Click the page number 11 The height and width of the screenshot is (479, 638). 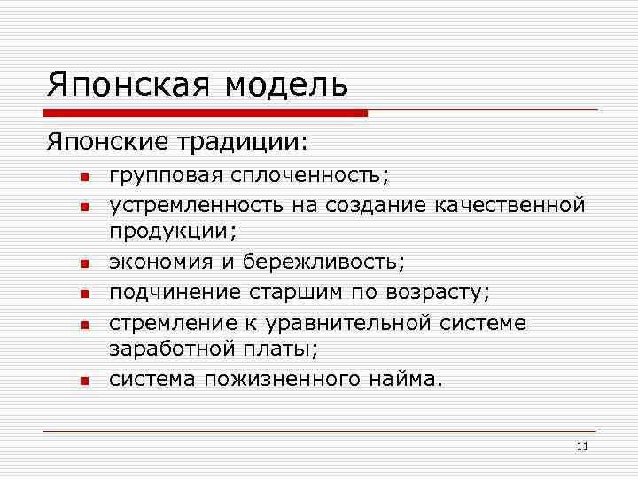(x=581, y=445)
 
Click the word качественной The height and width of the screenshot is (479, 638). (x=510, y=206)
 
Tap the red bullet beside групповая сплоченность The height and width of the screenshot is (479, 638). (x=80, y=177)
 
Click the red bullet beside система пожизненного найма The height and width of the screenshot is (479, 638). (x=80, y=381)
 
